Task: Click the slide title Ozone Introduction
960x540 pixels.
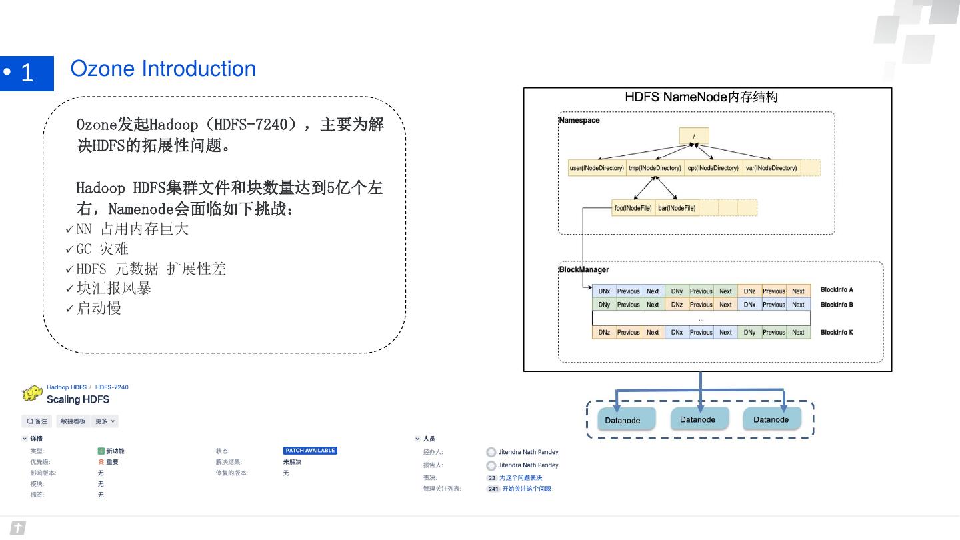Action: (163, 69)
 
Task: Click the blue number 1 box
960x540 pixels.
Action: (27, 73)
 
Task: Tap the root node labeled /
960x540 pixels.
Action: (694, 136)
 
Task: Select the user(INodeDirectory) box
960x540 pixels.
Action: (597, 168)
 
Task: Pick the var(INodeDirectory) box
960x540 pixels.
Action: (771, 168)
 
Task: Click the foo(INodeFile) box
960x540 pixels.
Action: (633, 208)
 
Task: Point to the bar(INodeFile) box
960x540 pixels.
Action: (677, 208)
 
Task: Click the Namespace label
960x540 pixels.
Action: (579, 121)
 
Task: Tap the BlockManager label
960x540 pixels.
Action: (583, 270)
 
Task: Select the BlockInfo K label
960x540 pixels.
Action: (837, 332)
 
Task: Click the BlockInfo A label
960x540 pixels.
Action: (837, 290)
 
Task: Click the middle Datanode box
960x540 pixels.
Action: (698, 419)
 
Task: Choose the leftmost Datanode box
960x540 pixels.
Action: (623, 420)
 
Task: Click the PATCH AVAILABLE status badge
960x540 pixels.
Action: (310, 451)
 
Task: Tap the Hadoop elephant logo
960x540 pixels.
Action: (32, 393)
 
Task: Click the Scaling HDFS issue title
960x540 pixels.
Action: (77, 399)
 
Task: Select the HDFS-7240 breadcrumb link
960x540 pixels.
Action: (112, 387)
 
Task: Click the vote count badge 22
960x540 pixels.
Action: (492, 478)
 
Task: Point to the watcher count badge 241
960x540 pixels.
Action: (493, 489)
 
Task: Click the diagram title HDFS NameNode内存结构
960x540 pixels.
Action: (701, 97)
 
